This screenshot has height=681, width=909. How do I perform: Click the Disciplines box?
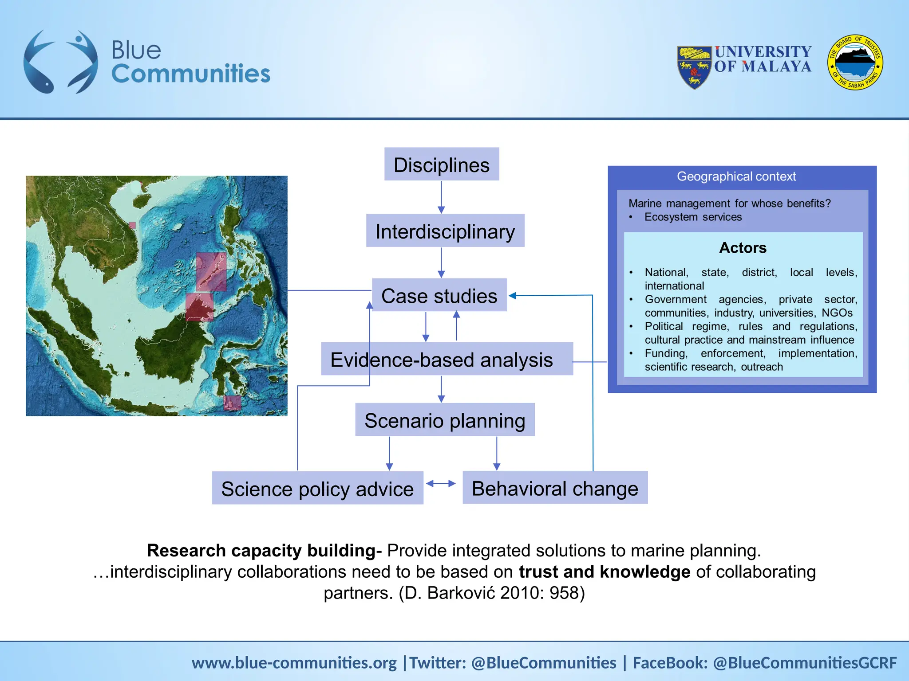pyautogui.click(x=442, y=164)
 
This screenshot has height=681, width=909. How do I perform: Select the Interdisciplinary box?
pyautogui.click(x=445, y=231)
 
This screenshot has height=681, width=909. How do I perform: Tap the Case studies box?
pyautogui.click(x=439, y=295)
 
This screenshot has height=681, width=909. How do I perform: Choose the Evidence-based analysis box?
pyautogui.click(x=447, y=359)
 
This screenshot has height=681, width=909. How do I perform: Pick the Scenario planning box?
pyautogui.click(x=445, y=420)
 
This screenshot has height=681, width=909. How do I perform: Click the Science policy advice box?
pyautogui.click(x=317, y=488)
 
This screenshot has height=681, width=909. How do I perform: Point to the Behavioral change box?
pyautogui.click(x=555, y=488)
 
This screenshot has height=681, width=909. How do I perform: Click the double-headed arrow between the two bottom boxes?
pyautogui.click(x=441, y=484)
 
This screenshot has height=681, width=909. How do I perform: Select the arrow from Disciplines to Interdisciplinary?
pyautogui.click(x=441, y=197)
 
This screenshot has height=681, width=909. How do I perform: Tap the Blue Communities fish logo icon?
pyautogui.click(x=60, y=62)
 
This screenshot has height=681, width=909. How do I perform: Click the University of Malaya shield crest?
pyautogui.click(x=694, y=67)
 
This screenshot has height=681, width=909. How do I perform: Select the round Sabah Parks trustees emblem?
pyautogui.click(x=855, y=63)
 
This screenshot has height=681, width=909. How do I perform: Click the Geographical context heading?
pyautogui.click(x=736, y=176)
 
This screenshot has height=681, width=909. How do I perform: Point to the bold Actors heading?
pyautogui.click(x=743, y=248)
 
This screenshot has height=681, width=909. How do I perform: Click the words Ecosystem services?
pyautogui.click(x=693, y=217)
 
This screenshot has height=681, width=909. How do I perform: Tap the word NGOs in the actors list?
pyautogui.click(x=837, y=313)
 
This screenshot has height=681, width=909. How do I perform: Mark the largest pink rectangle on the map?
pyautogui.click(x=211, y=272)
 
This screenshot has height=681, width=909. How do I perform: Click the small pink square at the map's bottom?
pyautogui.click(x=232, y=403)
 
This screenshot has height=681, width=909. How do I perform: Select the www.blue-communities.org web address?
pyautogui.click(x=294, y=663)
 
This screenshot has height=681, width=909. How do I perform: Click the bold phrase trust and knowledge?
pyautogui.click(x=605, y=572)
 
